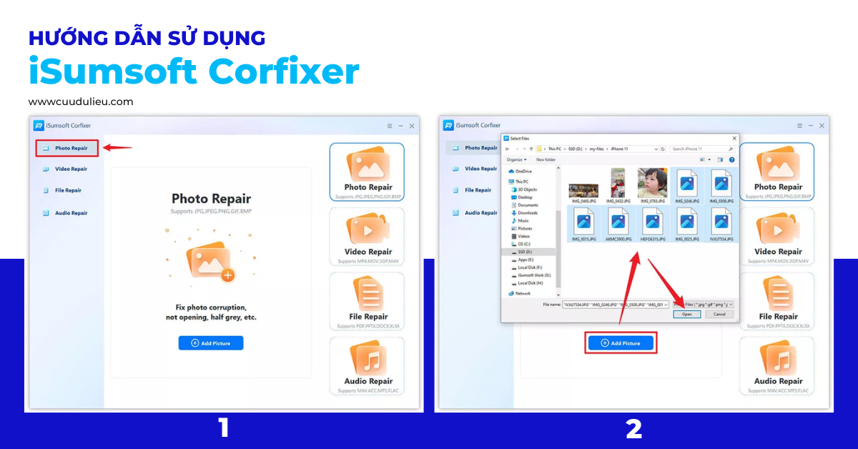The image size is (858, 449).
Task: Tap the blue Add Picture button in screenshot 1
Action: tap(211, 343)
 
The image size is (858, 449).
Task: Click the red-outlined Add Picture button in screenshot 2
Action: tap(621, 343)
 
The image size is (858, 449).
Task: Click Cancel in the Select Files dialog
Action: tap(719, 314)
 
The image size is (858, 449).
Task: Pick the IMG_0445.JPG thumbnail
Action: tap(583, 188)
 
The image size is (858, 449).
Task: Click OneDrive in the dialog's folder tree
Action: tap(524, 172)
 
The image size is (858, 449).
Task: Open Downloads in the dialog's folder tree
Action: tap(528, 213)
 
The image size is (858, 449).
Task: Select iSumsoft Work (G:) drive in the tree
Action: tap(533, 275)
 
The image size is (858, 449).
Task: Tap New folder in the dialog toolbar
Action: tap(546, 159)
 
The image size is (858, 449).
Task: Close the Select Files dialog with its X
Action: tap(734, 138)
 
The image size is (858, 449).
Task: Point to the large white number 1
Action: tap(224, 428)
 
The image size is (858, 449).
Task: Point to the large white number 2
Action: tap(633, 428)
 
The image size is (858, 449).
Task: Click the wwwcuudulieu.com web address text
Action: tap(81, 102)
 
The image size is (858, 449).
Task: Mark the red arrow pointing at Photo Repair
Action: tap(117, 149)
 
